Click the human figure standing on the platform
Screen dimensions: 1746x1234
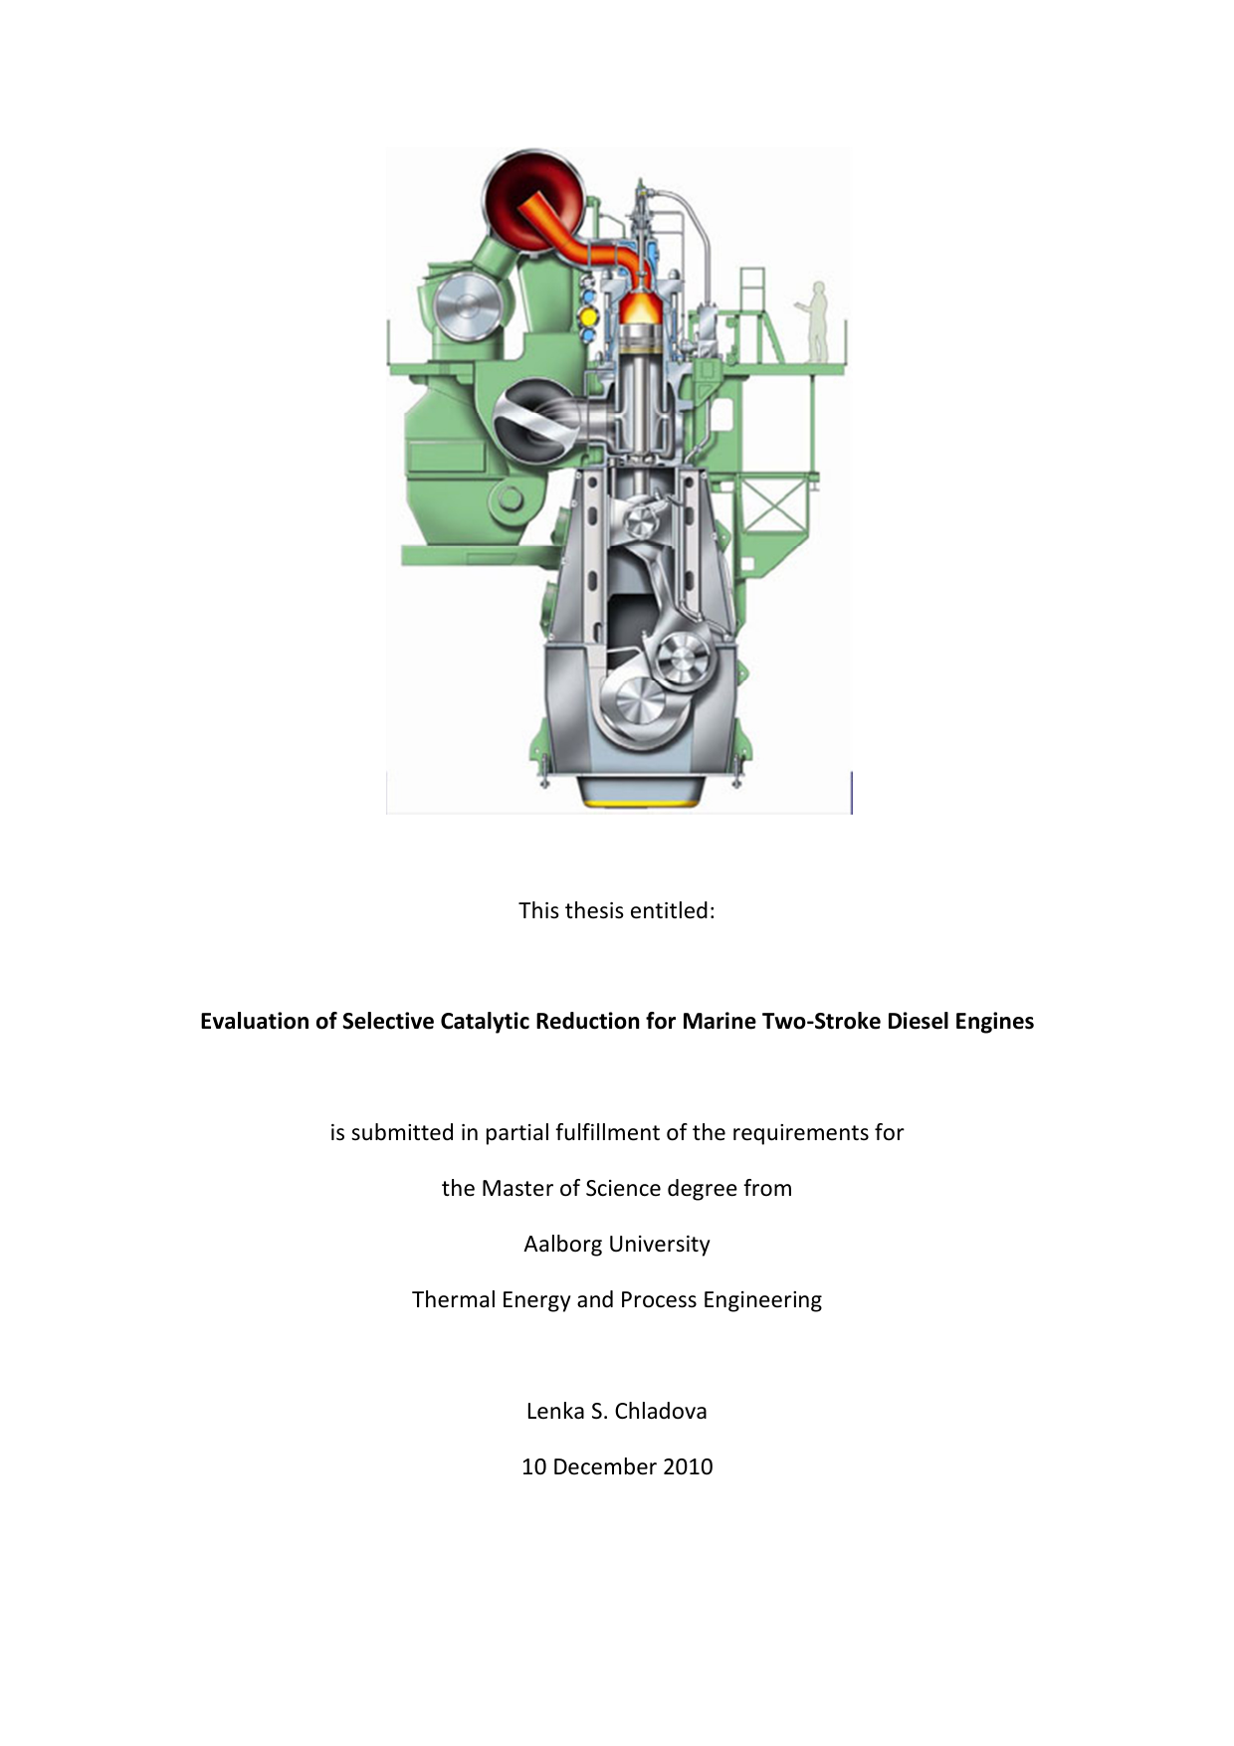coord(817,321)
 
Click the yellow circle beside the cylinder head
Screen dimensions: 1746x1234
coord(587,316)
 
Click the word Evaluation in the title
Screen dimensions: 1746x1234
coord(255,1022)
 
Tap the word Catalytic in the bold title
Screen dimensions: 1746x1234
coord(484,1022)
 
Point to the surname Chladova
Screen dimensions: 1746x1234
coord(661,1412)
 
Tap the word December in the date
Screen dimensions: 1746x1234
coord(600,1467)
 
